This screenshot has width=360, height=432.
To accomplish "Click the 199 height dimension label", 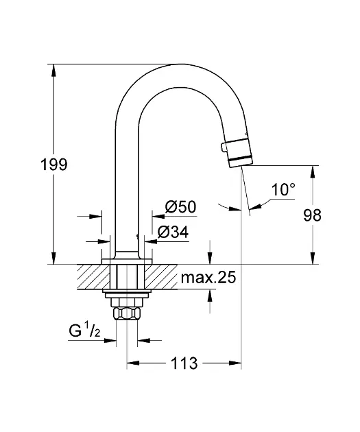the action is [54, 165].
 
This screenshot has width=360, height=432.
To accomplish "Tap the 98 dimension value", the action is [313, 215].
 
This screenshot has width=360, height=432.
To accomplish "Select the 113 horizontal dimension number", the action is [184, 363].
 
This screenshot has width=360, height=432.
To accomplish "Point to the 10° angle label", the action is [283, 189].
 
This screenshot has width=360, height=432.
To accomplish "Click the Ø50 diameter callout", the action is [181, 206].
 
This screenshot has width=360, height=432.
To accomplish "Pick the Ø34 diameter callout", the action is [173, 232].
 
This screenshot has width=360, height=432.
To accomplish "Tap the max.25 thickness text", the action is [208, 278].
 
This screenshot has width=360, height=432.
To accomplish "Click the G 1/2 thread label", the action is [84, 330].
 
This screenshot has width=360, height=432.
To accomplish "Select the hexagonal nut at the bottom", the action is [127, 313].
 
